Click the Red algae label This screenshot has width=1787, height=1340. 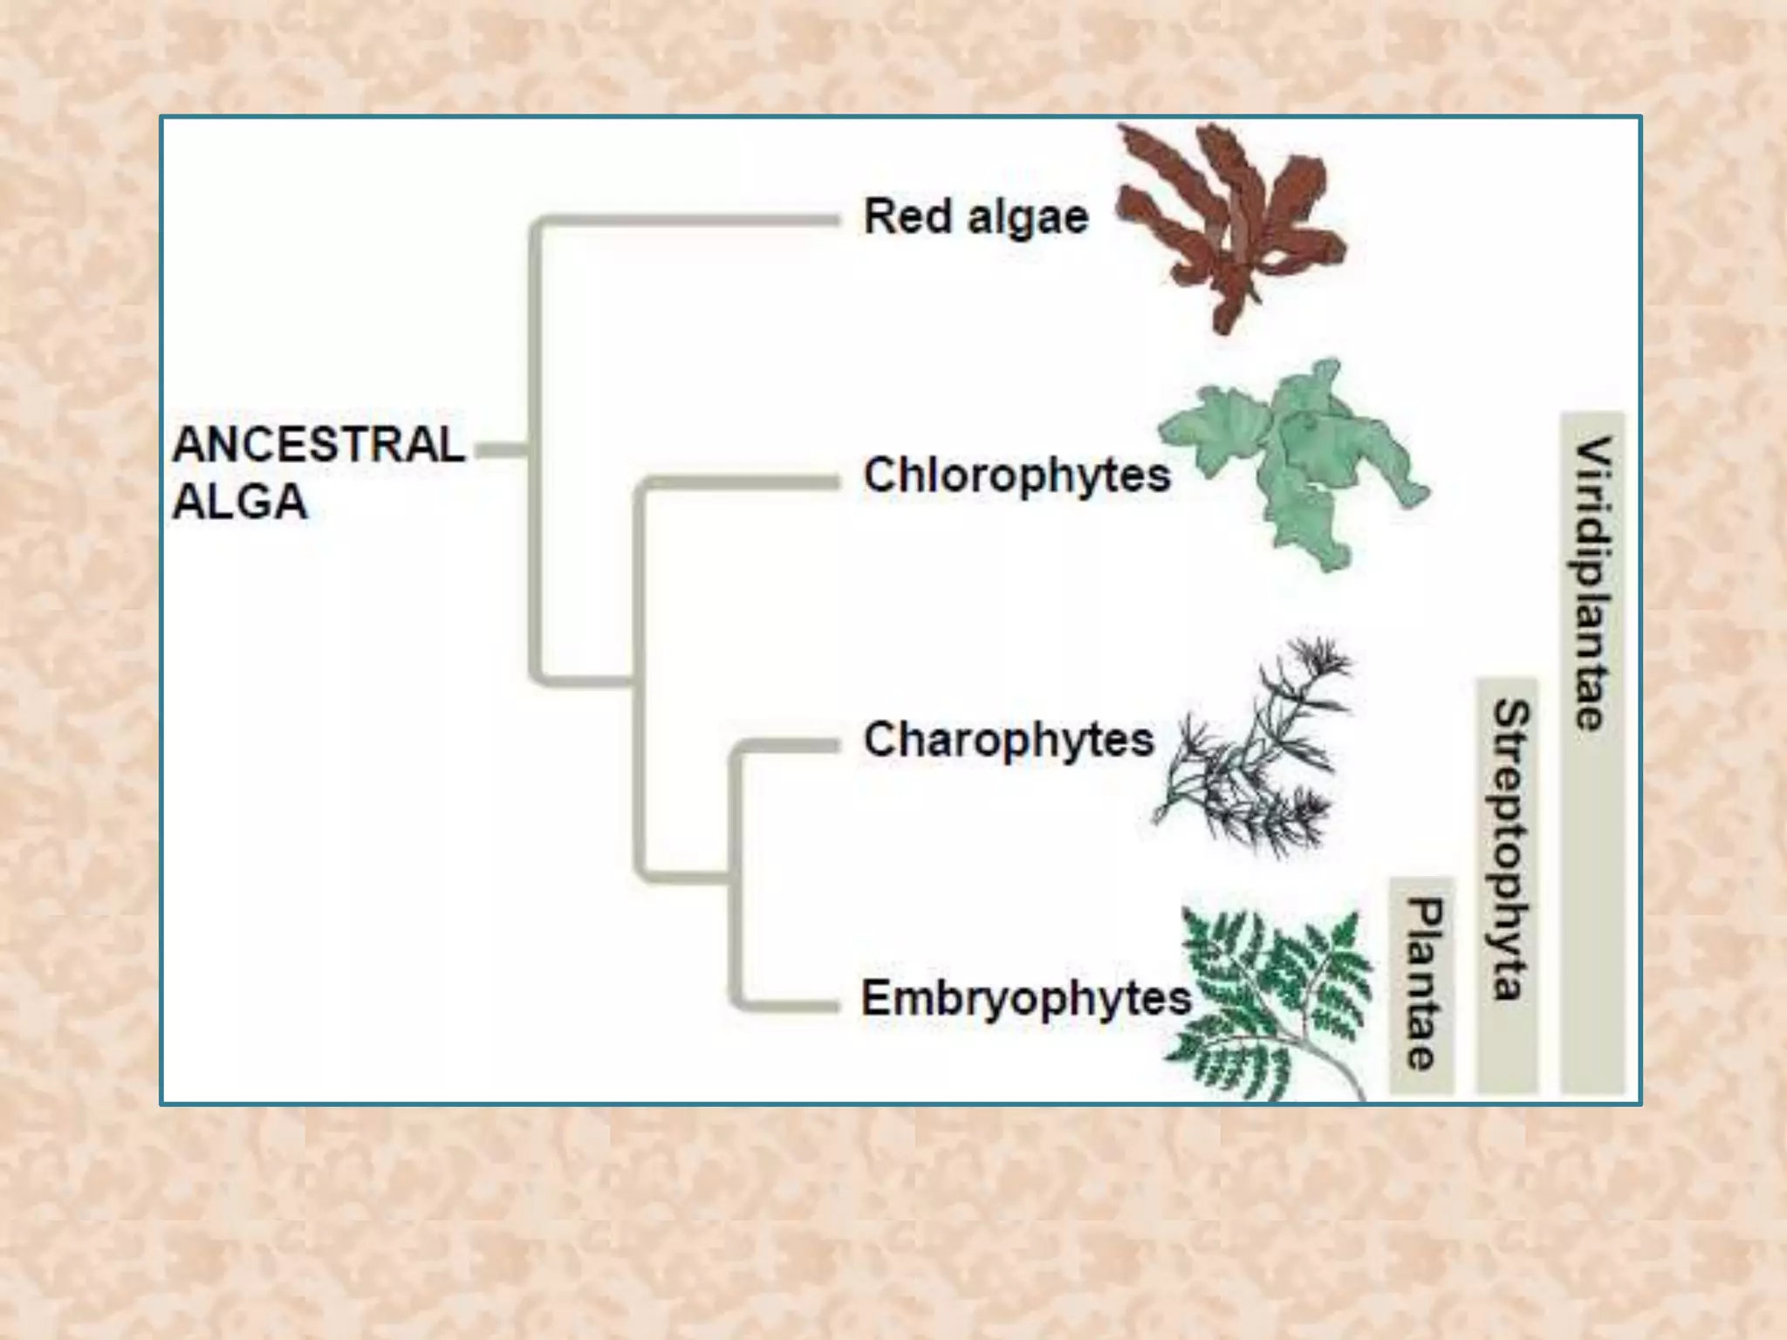(976, 216)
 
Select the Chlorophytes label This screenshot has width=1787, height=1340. (1017, 475)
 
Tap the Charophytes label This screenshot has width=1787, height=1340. (1009, 740)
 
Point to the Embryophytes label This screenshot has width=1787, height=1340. (1026, 998)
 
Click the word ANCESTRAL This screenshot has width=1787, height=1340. (318, 445)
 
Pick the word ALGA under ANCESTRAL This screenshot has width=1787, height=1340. (240, 502)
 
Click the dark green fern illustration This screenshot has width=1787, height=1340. (1270, 1003)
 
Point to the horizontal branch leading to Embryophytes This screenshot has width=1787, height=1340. (785, 1003)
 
